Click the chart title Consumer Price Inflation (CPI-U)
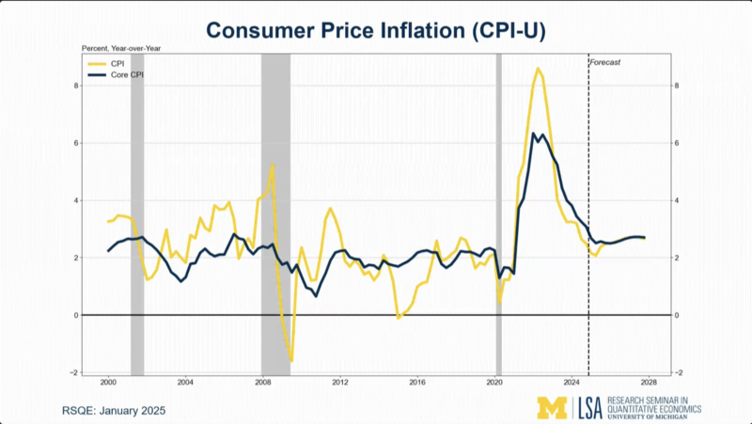(x=376, y=31)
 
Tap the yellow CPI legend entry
(x=106, y=64)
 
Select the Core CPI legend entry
(x=116, y=75)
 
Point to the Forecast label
(x=604, y=62)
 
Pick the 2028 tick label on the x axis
(x=649, y=383)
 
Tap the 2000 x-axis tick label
(x=108, y=383)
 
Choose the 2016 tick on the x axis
(x=417, y=383)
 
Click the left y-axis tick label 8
(x=76, y=86)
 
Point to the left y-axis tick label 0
(x=76, y=316)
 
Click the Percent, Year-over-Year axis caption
(x=121, y=49)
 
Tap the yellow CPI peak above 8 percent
(x=538, y=69)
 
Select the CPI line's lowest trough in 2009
(x=291, y=361)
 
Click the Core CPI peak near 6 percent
(x=533, y=133)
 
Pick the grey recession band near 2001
(x=137, y=214)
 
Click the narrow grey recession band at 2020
(x=499, y=214)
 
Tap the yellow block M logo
(x=552, y=408)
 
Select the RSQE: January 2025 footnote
(x=114, y=411)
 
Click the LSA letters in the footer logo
(x=588, y=408)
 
